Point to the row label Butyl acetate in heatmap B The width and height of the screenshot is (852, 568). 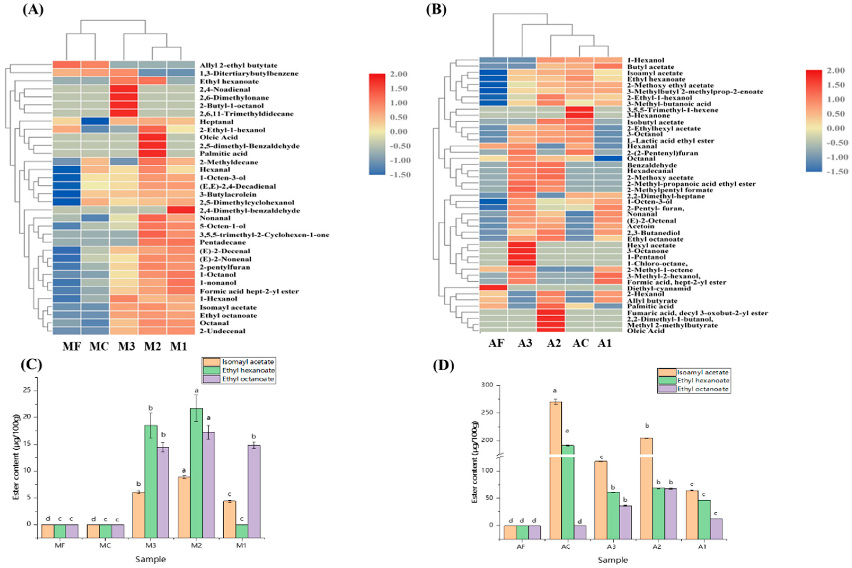(x=651, y=67)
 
